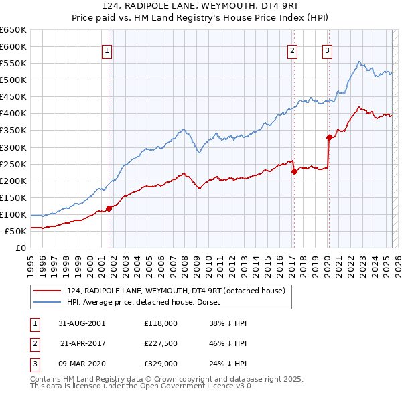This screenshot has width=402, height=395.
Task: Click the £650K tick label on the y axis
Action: point(13,30)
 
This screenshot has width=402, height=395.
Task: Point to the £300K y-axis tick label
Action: point(13,147)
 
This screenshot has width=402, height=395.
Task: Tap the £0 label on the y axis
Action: point(21,248)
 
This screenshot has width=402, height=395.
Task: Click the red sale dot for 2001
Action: point(109,208)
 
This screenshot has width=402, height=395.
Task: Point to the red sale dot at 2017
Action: point(294,171)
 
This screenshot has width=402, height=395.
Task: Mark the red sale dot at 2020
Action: point(329,137)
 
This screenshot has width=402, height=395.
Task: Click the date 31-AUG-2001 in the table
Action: point(83,323)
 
